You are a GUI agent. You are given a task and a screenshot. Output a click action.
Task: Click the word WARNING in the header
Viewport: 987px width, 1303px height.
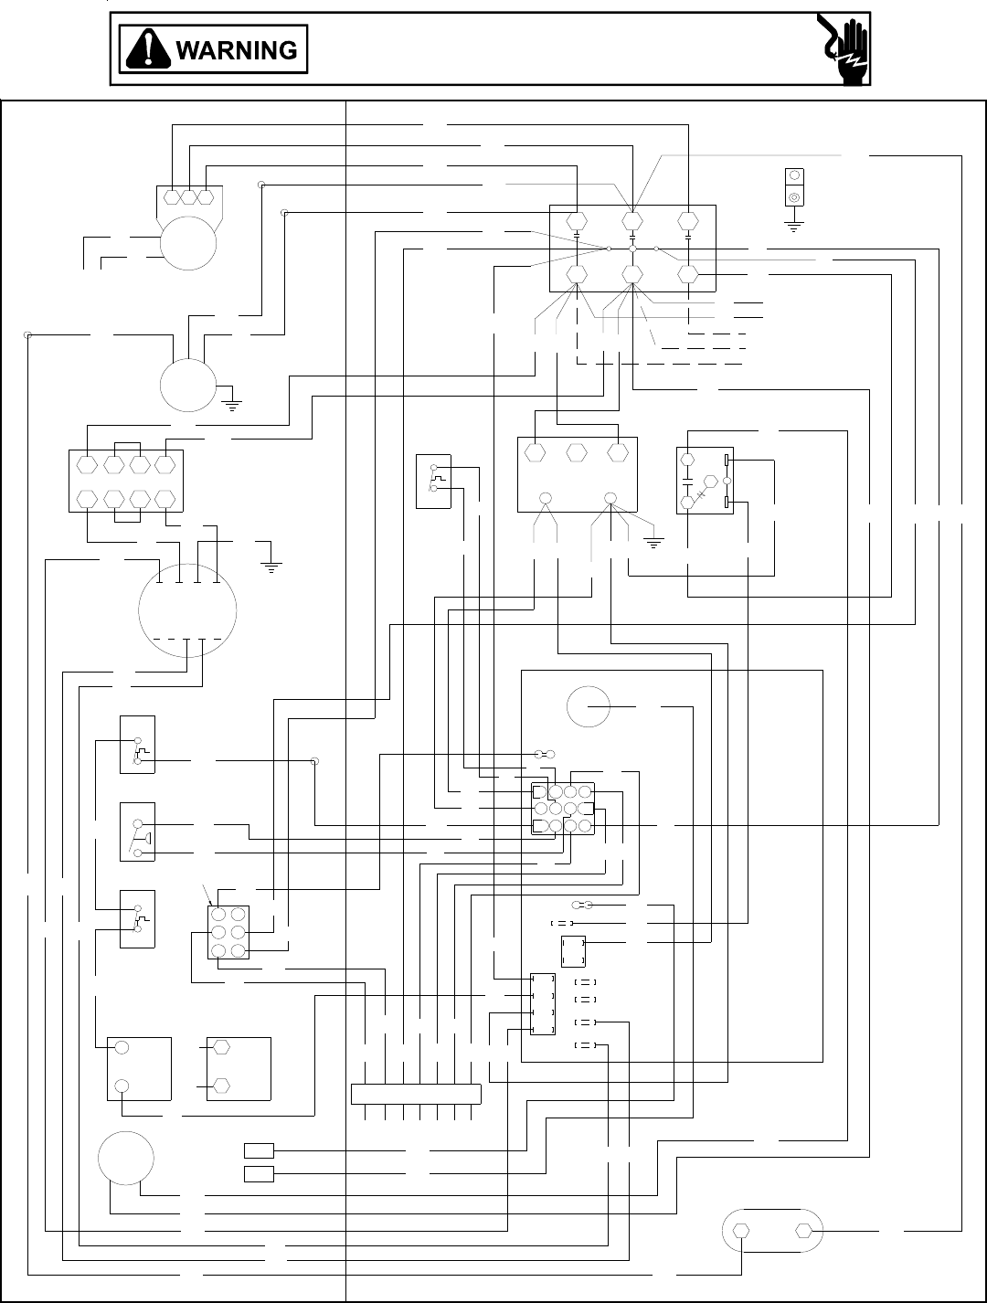coord(236,50)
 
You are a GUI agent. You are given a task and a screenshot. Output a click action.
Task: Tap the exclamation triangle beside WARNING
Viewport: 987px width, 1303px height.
coord(149,49)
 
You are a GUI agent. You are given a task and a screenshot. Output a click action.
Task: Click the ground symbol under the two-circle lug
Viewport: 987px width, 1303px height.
coord(793,225)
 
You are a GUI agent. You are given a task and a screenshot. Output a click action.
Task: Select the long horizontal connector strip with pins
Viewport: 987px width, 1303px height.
coord(416,1093)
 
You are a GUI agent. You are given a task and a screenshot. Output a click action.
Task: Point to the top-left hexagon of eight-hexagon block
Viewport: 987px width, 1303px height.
coord(87,465)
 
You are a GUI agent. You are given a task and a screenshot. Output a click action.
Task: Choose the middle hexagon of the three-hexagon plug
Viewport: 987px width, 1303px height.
coord(188,196)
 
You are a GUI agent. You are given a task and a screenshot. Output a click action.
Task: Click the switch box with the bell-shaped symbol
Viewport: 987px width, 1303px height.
coord(138,832)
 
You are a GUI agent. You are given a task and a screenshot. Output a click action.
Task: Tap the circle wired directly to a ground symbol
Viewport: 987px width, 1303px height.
coord(187,385)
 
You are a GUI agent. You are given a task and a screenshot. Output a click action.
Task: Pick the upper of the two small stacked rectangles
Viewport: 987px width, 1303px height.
coord(259,1149)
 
